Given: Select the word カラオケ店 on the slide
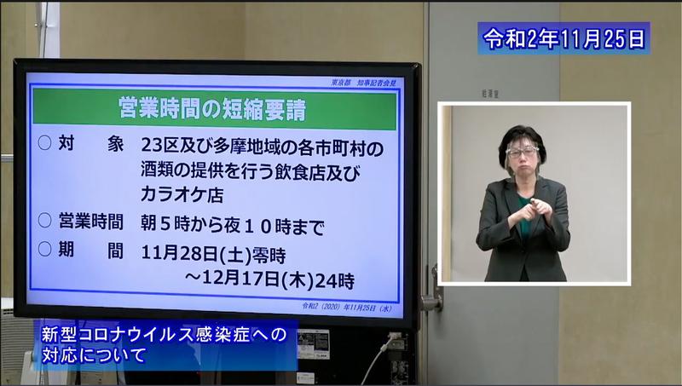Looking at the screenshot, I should coord(182,194).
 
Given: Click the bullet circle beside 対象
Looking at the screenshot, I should coord(44,146).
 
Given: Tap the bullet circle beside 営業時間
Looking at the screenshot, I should coord(44,222).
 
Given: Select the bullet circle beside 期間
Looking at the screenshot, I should coord(44,251).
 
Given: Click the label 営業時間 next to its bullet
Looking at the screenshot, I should coord(90,223).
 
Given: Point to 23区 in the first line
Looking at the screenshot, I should coord(161,146).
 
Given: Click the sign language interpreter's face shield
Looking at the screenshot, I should coord(523,154).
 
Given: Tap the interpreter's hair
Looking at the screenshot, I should coord(522,136).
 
